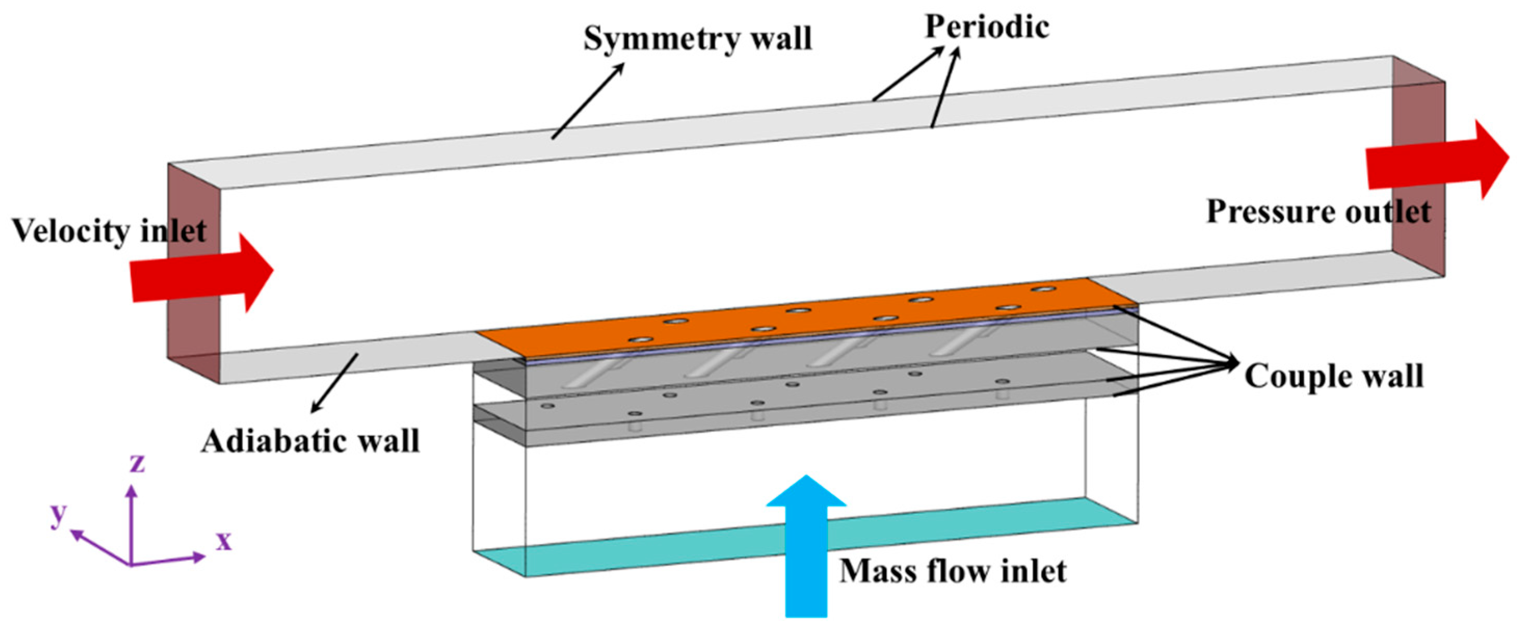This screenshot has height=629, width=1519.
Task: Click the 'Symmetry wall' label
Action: pos(698,39)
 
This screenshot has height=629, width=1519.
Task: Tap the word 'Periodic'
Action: pos(987,26)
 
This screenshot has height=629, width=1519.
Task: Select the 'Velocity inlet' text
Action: pos(109,231)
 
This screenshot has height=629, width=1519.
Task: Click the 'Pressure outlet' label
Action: pos(1318,211)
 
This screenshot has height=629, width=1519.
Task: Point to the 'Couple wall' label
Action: pos(1334,376)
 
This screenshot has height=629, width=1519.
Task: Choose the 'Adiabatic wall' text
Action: pos(310,441)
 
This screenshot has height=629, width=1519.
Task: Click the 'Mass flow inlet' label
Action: pos(952,571)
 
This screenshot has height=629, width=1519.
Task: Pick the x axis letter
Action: pos(223,539)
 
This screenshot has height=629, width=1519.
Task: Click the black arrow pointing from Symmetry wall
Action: pos(588,101)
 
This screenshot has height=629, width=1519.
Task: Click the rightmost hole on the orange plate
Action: pos(1043,289)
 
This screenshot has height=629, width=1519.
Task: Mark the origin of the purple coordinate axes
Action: pos(131,564)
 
